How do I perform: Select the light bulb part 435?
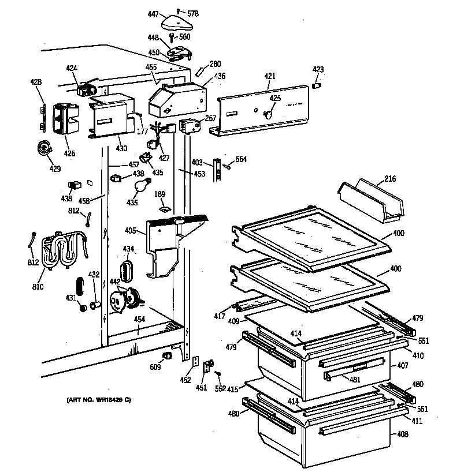coord(140,186)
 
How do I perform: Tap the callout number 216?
coord(389,180)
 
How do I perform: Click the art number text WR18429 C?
coord(94,400)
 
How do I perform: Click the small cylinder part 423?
coord(317,85)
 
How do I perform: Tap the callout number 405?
coord(130,231)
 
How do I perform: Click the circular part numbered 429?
coord(44,148)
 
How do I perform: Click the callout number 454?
coord(139,318)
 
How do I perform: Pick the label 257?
coord(210,118)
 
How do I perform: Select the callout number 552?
coord(220,389)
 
